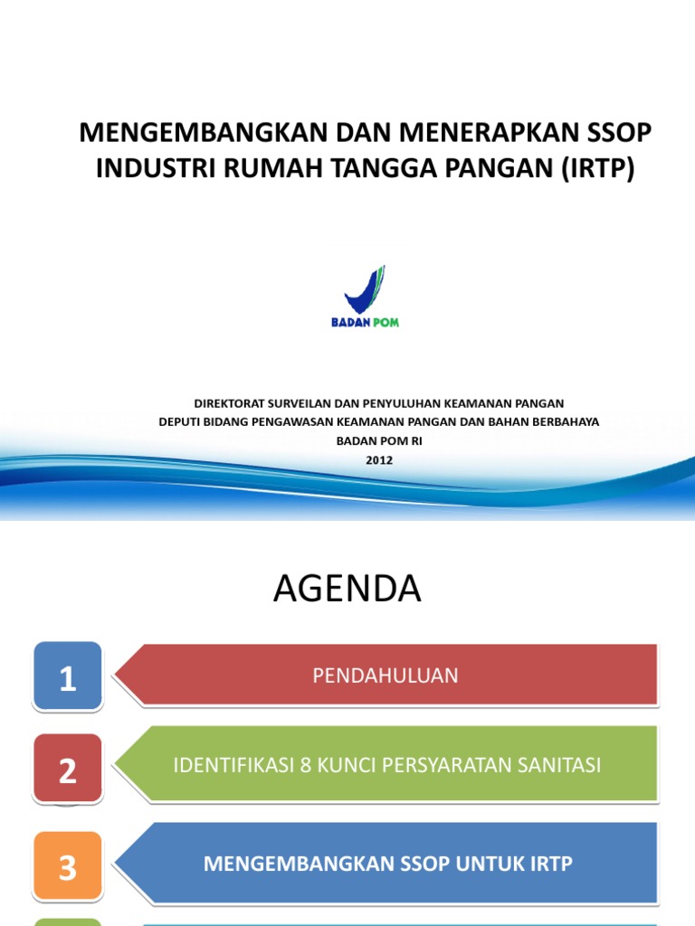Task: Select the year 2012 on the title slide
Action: (x=379, y=459)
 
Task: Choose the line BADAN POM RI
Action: (x=379, y=440)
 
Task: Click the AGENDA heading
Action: (x=347, y=590)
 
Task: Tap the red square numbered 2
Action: (x=68, y=770)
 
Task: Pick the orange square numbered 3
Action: (x=68, y=866)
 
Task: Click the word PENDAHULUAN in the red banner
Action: (x=386, y=676)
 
